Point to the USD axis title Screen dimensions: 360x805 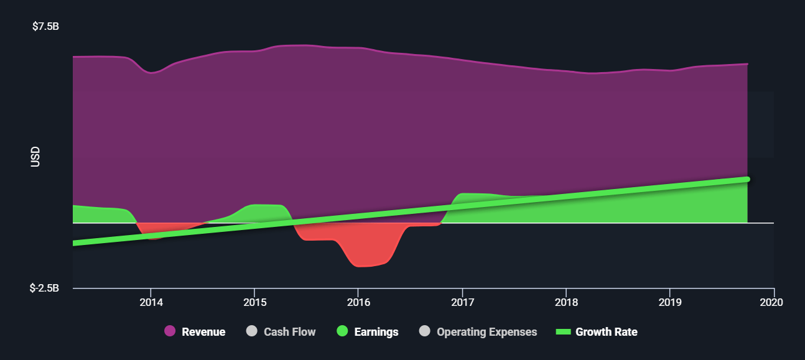click(x=35, y=157)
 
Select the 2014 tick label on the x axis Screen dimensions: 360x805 click(x=151, y=302)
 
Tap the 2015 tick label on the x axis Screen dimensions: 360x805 click(x=254, y=302)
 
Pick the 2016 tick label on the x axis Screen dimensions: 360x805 click(x=358, y=302)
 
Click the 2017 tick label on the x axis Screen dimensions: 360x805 click(x=462, y=302)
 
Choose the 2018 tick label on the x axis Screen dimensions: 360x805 click(x=566, y=302)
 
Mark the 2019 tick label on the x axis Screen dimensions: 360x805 click(x=670, y=302)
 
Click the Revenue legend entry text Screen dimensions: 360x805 click(x=203, y=332)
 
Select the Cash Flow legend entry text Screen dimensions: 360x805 click(x=289, y=332)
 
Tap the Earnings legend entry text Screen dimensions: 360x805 click(x=376, y=332)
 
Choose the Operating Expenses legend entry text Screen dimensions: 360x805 click(x=486, y=332)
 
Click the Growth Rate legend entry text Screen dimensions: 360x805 click(x=606, y=332)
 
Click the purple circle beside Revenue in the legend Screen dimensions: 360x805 click(x=170, y=331)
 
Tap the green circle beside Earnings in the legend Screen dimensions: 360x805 click(x=342, y=331)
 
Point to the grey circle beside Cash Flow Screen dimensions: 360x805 click(x=252, y=331)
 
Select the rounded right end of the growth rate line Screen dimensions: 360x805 click(x=747, y=179)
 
